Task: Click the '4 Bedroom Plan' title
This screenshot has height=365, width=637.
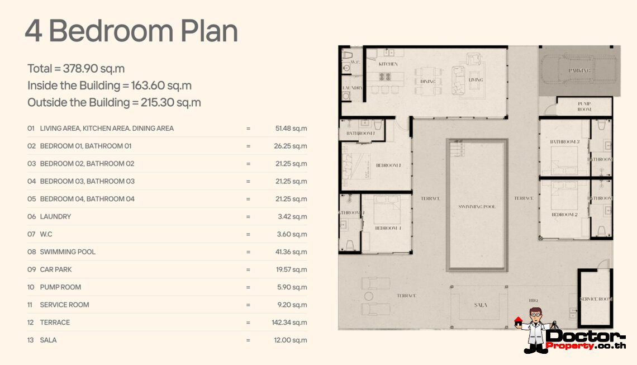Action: pos(131,31)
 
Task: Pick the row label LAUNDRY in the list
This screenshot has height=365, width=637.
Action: pos(55,217)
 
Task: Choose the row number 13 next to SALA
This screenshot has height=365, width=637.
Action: pos(31,340)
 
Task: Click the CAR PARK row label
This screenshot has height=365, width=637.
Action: pos(56,269)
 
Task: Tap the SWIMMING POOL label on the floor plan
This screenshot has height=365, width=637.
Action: pos(477,207)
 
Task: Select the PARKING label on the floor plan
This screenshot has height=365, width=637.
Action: pos(579,71)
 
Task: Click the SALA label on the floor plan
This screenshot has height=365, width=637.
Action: pos(480,305)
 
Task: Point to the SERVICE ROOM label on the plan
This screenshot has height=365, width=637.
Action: pos(596,300)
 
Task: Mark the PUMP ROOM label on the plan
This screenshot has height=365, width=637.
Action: pos(584,107)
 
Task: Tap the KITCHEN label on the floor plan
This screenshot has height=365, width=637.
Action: pos(388,64)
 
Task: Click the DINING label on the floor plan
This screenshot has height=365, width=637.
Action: pos(428,81)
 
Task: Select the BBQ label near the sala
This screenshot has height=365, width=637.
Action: pos(534,300)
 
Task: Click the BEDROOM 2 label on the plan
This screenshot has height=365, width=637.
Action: pos(564,215)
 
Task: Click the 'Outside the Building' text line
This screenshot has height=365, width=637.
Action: pos(114,103)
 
